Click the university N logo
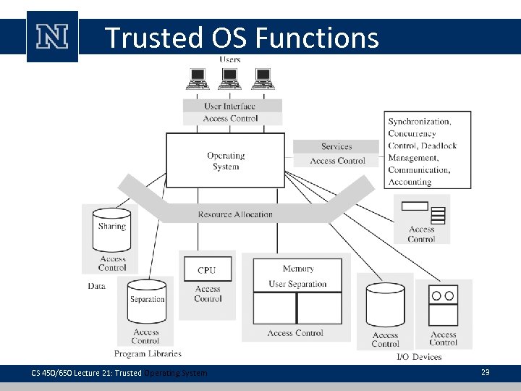click(x=52, y=37)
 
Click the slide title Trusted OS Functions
click(x=242, y=38)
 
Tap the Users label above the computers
click(x=230, y=59)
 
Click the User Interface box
click(x=229, y=106)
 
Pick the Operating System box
click(x=226, y=161)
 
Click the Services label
click(x=336, y=146)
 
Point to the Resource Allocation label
click(x=235, y=214)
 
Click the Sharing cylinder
click(x=111, y=227)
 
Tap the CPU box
click(x=207, y=269)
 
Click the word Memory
click(x=297, y=269)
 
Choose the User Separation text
click(x=297, y=284)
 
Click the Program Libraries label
click(x=148, y=354)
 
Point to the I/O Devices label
click(x=419, y=357)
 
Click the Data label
click(x=97, y=286)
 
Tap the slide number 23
click(x=485, y=371)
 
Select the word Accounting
click(x=410, y=182)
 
